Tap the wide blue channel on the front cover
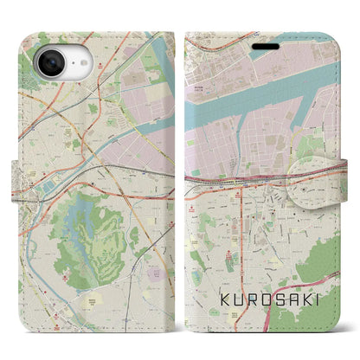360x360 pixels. click(260, 95)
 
